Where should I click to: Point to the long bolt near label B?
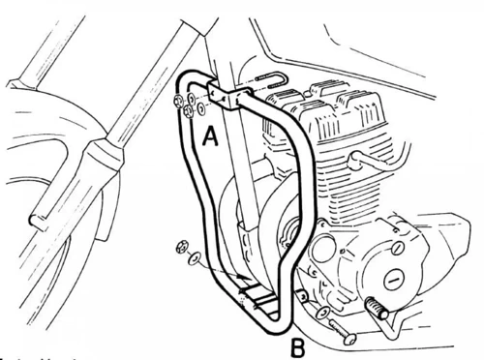point(335,330)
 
